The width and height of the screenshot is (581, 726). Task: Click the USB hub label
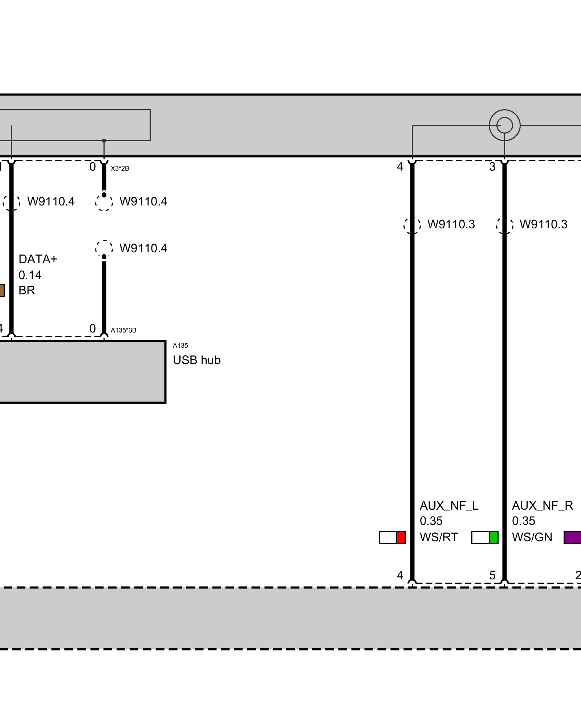coord(196,360)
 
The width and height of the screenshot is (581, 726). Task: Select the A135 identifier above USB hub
coord(180,346)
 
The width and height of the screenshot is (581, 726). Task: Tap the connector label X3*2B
coord(120,168)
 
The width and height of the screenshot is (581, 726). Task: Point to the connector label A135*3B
coord(123,330)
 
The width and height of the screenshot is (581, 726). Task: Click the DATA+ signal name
coord(38,259)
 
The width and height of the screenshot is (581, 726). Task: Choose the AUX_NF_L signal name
coord(449,506)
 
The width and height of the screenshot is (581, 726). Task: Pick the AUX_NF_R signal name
coord(542,506)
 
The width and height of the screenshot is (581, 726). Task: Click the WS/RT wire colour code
coord(439,537)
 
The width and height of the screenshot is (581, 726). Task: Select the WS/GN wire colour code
coord(532,537)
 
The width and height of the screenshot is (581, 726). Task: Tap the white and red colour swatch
coord(392,538)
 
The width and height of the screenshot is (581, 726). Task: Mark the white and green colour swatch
coord(485,538)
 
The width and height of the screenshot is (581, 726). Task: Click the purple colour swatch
coord(573,538)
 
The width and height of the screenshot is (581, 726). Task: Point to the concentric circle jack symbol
coord(504,126)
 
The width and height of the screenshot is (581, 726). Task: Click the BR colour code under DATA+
coord(27,290)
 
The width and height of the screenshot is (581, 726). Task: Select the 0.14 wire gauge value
coord(30,275)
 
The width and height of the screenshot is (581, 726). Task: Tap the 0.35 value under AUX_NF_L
coord(431,521)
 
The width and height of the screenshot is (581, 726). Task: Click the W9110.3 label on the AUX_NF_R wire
coord(543,224)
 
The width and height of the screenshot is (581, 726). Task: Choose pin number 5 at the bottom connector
coord(492,575)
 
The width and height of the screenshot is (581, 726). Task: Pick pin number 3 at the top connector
coord(492,167)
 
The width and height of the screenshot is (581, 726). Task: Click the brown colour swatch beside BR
coord(2,291)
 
